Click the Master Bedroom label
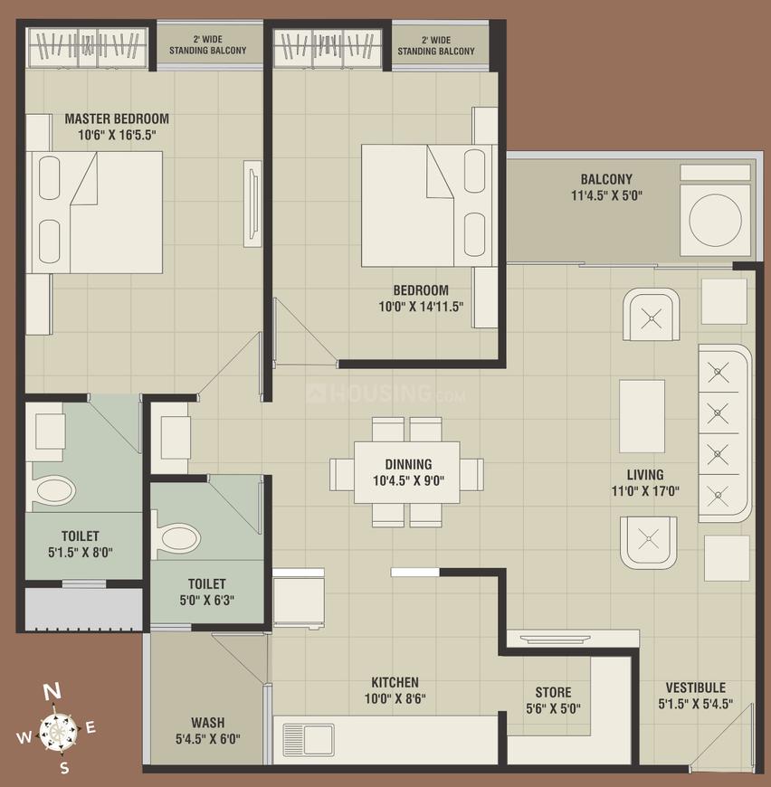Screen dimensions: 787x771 point(116,119)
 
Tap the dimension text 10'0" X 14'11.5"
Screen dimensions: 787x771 point(421,307)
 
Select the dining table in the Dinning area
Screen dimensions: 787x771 point(406,473)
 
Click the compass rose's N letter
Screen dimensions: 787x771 point(52,692)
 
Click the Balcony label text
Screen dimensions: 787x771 point(606,179)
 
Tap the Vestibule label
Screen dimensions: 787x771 point(695,687)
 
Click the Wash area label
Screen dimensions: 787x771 point(207,723)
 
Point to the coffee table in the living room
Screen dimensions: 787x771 point(642,415)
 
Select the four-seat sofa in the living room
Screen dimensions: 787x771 point(725,432)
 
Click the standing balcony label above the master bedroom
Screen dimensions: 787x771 point(207,45)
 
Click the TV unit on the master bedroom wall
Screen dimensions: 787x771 point(251,204)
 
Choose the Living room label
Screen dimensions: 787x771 point(645,475)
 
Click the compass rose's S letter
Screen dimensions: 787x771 point(63,768)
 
